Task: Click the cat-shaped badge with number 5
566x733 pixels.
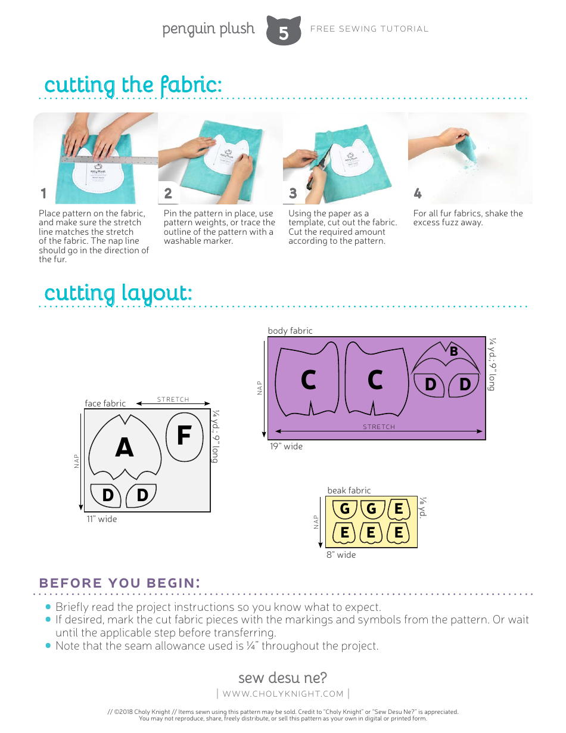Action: pos(283,31)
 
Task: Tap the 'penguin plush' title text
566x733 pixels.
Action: pos(208,29)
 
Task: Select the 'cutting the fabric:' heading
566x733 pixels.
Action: pos(133,85)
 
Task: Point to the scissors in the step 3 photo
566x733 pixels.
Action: pos(315,175)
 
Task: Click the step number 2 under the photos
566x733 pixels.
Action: pos(168,193)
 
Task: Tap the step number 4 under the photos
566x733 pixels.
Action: pos(417,193)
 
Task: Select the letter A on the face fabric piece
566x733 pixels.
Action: pos(124,448)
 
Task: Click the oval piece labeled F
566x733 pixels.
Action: pos(184,437)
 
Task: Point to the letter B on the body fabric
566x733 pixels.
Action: pos(453,352)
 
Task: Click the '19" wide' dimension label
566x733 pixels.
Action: pos(286,446)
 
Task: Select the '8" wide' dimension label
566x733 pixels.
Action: pos(341,555)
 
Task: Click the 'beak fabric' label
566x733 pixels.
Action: pos(349,490)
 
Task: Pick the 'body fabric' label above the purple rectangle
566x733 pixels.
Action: pos(290,331)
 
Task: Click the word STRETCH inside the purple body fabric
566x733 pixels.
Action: pos(379,427)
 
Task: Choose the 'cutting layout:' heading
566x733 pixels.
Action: pos(118,293)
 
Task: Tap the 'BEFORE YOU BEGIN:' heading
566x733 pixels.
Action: pos(119,583)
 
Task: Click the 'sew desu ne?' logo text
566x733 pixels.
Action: pos(282,678)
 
